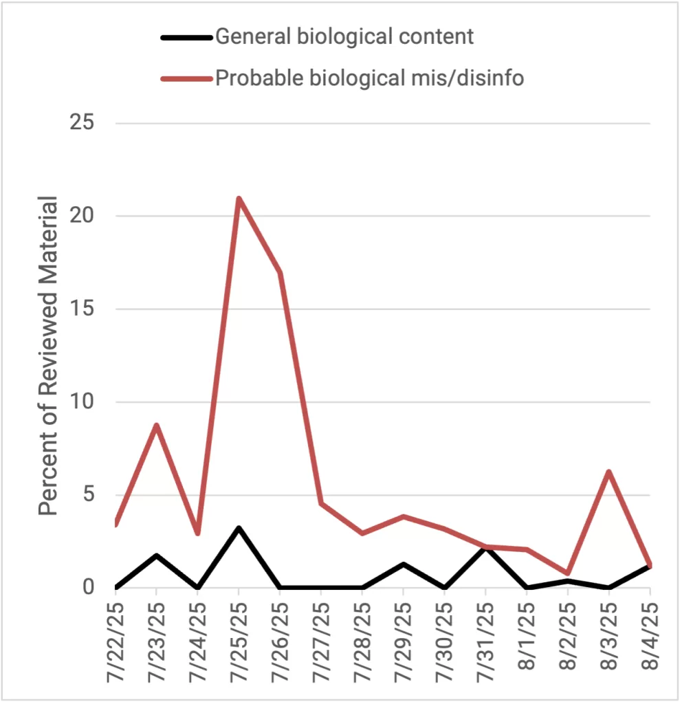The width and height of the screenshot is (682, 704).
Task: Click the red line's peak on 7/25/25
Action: pyautogui.click(x=239, y=199)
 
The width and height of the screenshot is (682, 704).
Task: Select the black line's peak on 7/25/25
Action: pyautogui.click(x=239, y=528)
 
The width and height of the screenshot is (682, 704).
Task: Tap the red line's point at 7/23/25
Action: pyautogui.click(x=157, y=425)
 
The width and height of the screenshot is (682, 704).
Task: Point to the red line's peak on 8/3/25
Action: pyautogui.click(x=608, y=472)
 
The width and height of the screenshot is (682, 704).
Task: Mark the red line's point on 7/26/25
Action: pyautogui.click(x=280, y=272)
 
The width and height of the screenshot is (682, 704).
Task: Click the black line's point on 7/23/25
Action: pyautogui.click(x=157, y=555)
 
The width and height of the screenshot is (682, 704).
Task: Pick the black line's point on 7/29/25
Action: pyautogui.click(x=404, y=564)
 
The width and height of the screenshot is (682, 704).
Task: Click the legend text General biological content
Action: pyautogui.click(x=344, y=36)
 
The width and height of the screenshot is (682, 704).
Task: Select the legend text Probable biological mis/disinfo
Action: pyautogui.click(x=369, y=78)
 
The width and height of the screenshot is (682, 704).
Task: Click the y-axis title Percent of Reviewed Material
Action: pyautogui.click(x=48, y=355)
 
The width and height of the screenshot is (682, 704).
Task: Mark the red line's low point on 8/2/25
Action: pyautogui.click(x=568, y=573)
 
